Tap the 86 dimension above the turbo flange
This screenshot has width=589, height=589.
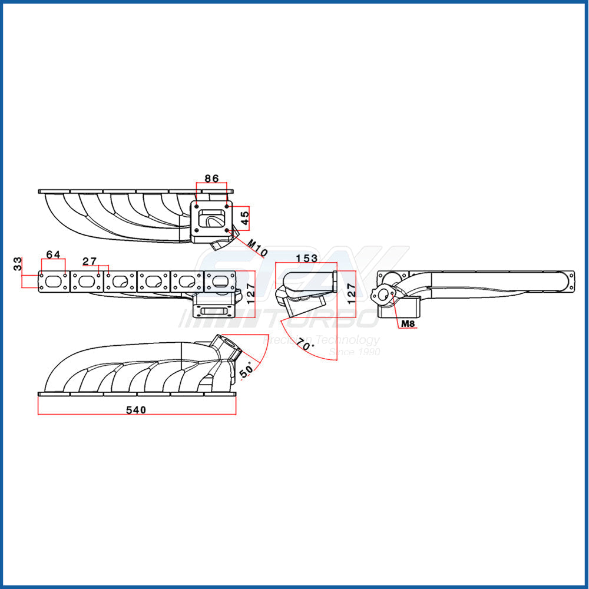point(211,178)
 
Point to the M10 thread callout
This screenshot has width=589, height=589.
point(257,248)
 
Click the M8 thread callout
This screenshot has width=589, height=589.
point(408,323)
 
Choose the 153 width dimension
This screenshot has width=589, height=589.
point(307,259)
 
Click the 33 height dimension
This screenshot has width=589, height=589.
point(18,263)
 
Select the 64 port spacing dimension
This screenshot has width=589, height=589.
point(53,254)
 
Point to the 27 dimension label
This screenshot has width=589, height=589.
point(90,261)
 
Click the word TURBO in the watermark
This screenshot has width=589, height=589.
point(319,319)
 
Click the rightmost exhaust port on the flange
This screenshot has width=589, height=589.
point(220,281)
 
